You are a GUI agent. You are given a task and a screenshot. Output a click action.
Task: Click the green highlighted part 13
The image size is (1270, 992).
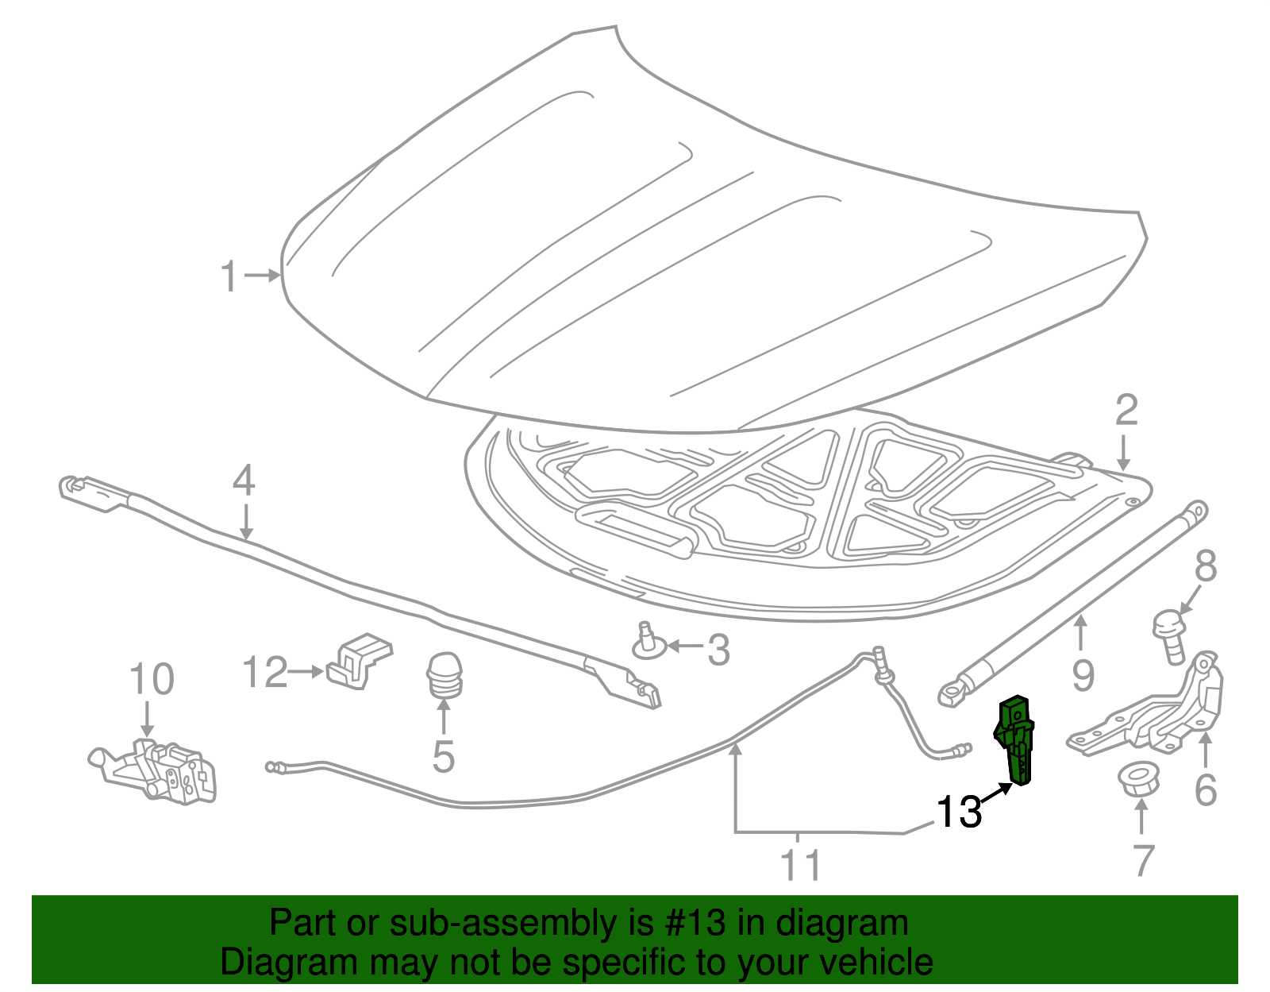pyautogui.click(x=1017, y=739)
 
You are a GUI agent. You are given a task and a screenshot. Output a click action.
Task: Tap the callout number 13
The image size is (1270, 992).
pyautogui.click(x=959, y=812)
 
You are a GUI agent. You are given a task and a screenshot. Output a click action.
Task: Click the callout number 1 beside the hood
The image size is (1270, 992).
pyautogui.click(x=229, y=276)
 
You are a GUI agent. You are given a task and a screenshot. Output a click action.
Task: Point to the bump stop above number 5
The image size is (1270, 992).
pyautogui.click(x=444, y=675)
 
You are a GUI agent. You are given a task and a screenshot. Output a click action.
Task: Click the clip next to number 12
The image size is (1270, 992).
pyautogui.click(x=361, y=660)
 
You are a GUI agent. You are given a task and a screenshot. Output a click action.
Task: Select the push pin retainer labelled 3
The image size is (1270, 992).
pyautogui.click(x=648, y=643)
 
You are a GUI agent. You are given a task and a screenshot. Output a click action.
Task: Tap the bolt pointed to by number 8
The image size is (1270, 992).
pyautogui.click(x=1169, y=635)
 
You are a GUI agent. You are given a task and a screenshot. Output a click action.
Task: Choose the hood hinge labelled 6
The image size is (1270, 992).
pyautogui.click(x=1151, y=715)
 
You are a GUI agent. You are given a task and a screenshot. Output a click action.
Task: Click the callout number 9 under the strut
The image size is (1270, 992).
pyautogui.click(x=1083, y=675)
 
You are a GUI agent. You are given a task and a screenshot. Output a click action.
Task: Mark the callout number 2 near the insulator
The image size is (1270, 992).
pyautogui.click(x=1126, y=411)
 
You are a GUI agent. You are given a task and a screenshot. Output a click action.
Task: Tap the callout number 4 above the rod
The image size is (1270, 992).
pyautogui.click(x=244, y=481)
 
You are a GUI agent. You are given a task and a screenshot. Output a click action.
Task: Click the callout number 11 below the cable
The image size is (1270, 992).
pyautogui.click(x=800, y=865)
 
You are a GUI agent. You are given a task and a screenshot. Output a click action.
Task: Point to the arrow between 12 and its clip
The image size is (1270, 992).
pyautogui.click(x=305, y=672)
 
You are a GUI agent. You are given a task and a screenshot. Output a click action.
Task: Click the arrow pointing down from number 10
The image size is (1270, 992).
pyautogui.click(x=146, y=719)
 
